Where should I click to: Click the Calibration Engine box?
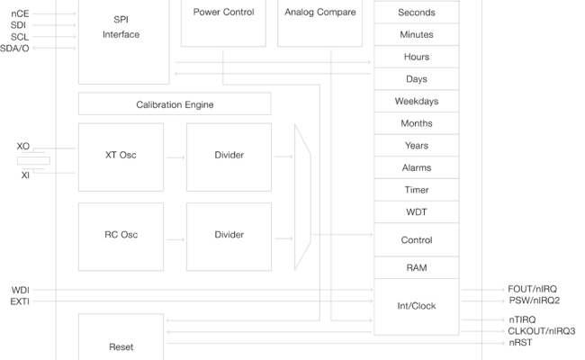click(175, 104)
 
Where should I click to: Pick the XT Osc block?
click(121, 157)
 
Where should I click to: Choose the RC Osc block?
click(121, 236)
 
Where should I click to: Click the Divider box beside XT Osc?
click(229, 157)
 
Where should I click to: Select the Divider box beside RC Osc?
click(229, 236)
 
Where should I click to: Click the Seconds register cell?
click(416, 13)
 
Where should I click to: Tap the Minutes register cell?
click(416, 35)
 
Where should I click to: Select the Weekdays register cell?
click(416, 102)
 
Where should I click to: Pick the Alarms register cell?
click(416, 168)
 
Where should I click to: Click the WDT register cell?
click(416, 212)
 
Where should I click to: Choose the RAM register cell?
click(416, 268)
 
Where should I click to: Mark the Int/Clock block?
click(416, 306)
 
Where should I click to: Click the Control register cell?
click(416, 240)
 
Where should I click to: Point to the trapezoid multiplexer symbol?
click(302, 196)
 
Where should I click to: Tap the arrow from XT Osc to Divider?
click(175, 157)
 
